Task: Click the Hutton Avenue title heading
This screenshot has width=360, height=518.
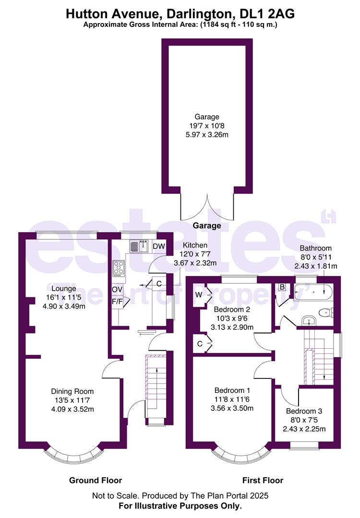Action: [180, 14]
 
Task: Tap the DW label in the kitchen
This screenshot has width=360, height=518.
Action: [158, 247]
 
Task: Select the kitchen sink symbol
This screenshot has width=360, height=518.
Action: [139, 247]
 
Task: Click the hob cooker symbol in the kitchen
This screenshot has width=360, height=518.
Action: [119, 268]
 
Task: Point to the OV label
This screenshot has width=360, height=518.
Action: [117, 290]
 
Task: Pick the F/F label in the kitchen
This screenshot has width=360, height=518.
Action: [117, 302]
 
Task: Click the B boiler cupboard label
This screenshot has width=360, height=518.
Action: [283, 287]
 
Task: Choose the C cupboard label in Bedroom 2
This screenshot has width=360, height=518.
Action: [199, 343]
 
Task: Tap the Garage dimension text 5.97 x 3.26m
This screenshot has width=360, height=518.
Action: [207, 135]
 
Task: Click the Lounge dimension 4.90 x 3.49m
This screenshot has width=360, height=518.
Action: [64, 306]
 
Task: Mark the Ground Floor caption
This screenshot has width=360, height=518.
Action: [96, 480]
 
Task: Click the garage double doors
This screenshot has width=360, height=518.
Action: [207, 206]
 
